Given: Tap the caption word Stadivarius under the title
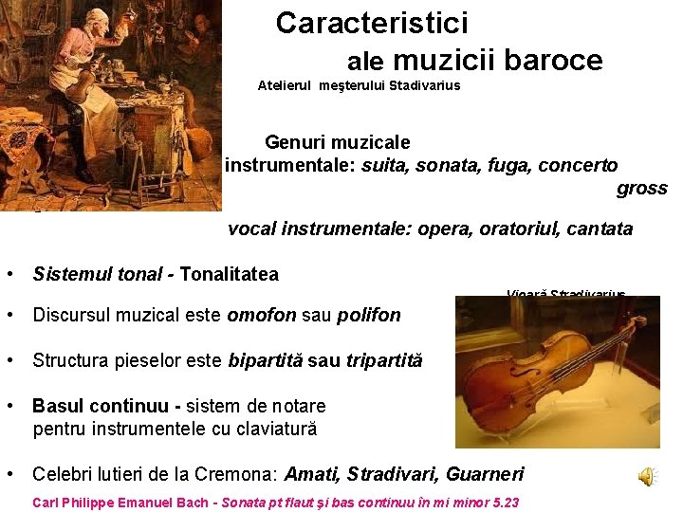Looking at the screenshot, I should [423, 86].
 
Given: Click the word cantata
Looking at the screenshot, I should [598, 229].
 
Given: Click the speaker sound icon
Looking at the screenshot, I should [646, 477].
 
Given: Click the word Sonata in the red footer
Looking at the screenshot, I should [246, 503].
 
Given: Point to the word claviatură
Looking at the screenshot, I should [269, 429].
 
